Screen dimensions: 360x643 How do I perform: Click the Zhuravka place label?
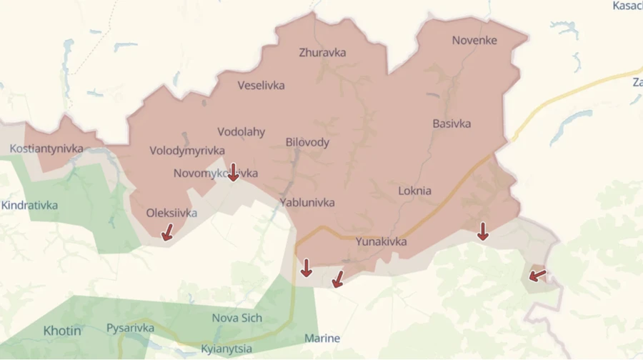(x=322, y=52)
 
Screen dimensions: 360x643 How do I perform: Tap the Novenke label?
(x=474, y=41)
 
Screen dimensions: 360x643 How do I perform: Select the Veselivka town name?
(x=261, y=86)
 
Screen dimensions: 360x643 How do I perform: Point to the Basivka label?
(x=452, y=124)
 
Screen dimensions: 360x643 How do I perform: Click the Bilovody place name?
(x=307, y=142)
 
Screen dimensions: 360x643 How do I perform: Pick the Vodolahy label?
(x=241, y=132)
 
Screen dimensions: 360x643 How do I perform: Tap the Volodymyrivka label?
(x=187, y=151)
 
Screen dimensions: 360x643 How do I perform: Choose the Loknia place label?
(x=414, y=191)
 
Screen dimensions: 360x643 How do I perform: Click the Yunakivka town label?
(x=381, y=241)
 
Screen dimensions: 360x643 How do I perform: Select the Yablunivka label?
(x=307, y=202)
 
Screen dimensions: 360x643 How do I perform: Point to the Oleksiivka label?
(x=171, y=213)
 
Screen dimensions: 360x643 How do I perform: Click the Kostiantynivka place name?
(x=46, y=149)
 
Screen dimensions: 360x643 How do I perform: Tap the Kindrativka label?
(x=29, y=205)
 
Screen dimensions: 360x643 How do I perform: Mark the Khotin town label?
(x=62, y=331)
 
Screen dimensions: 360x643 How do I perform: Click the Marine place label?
(x=322, y=338)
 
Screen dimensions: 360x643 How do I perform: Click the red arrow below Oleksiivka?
(x=166, y=231)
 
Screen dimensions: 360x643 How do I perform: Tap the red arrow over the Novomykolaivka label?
(x=233, y=171)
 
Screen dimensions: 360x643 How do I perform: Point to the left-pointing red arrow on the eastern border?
(x=537, y=274)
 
